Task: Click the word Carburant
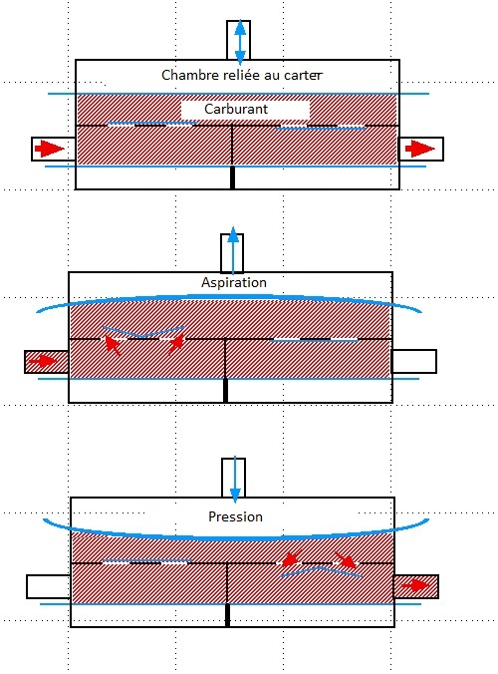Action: click(236, 109)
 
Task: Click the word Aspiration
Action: click(234, 282)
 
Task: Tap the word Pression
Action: click(235, 516)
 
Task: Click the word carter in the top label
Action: click(303, 75)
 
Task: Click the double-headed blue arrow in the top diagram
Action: click(240, 42)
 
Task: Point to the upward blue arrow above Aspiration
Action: click(233, 250)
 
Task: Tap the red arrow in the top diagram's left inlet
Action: click(50, 149)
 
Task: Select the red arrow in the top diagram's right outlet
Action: click(420, 149)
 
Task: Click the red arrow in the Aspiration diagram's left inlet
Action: click(43, 361)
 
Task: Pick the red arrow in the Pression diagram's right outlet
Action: click(415, 585)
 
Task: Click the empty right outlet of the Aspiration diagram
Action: click(414, 361)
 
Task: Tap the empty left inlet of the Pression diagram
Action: click(49, 586)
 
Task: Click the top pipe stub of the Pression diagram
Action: click(233, 478)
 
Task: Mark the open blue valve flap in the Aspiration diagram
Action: click(143, 332)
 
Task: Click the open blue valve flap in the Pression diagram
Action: click(321, 571)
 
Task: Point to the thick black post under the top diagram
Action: click(233, 177)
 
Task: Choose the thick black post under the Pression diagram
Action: click(227, 615)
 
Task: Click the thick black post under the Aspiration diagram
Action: click(226, 391)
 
